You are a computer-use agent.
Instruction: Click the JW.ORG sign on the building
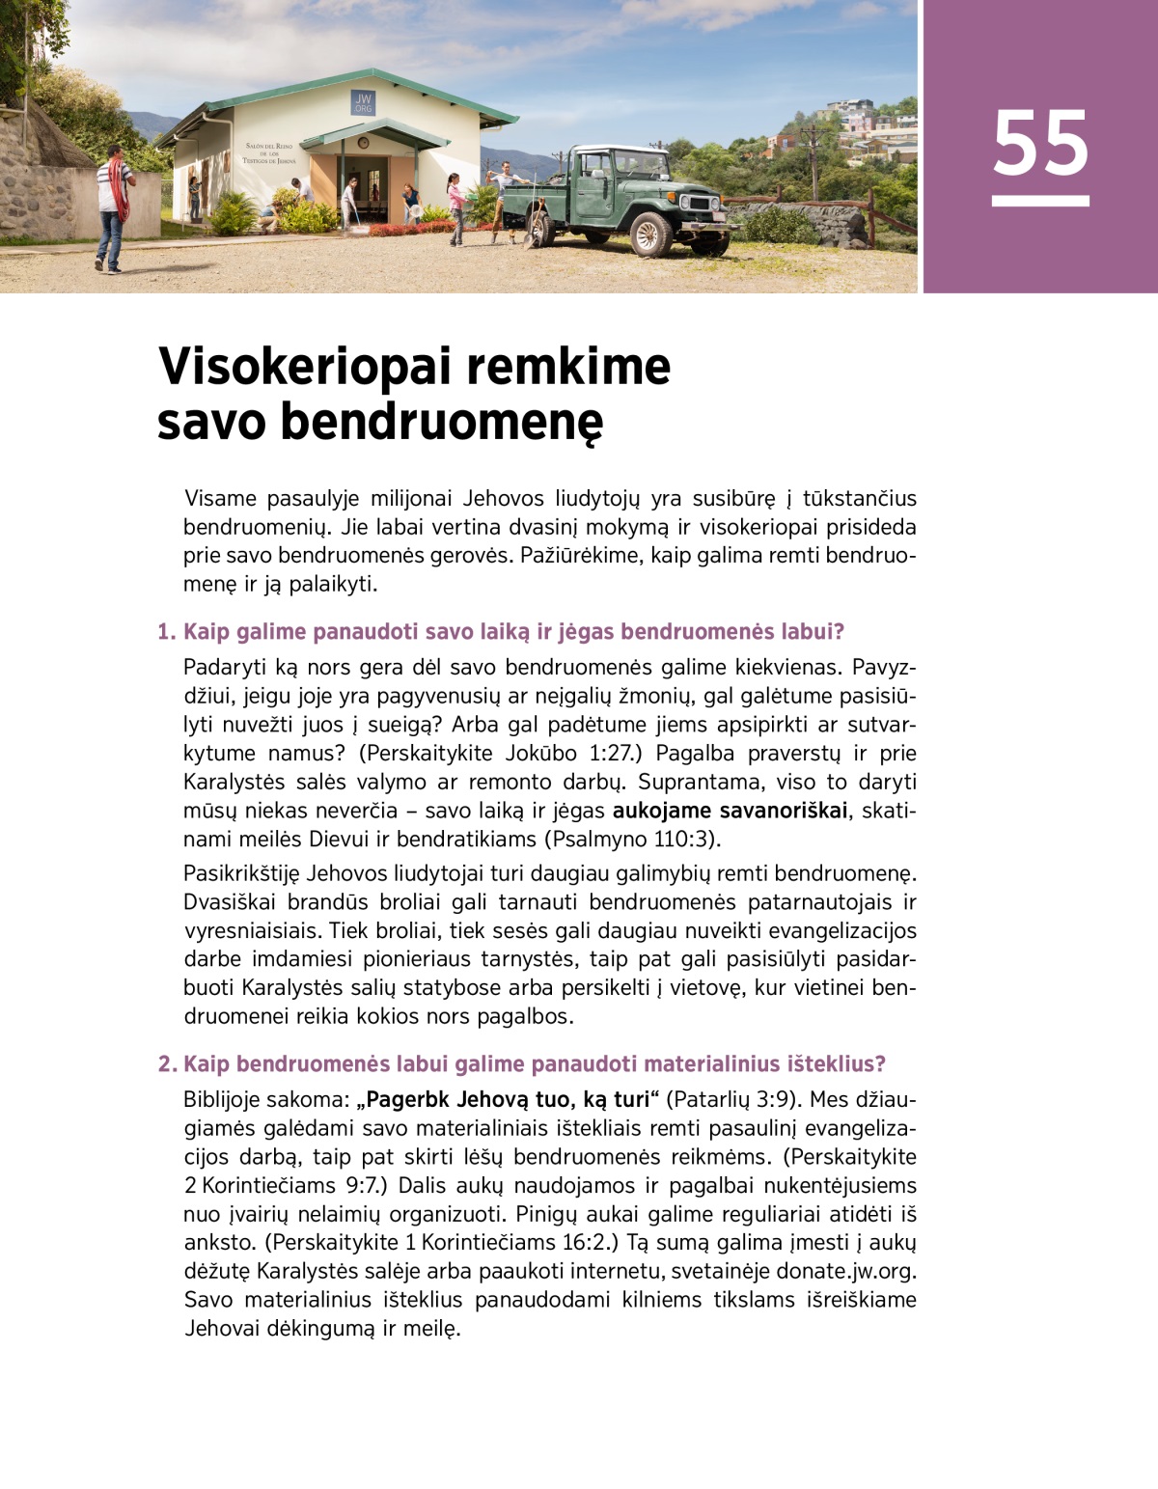(x=363, y=102)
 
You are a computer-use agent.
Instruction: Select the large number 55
(x=1040, y=144)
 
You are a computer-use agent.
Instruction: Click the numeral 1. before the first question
(x=167, y=632)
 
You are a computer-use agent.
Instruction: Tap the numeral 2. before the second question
(x=167, y=1064)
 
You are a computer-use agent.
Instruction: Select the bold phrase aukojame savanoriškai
(x=731, y=811)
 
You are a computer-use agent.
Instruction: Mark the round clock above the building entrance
(x=363, y=143)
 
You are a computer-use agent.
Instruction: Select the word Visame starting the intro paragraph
(x=220, y=499)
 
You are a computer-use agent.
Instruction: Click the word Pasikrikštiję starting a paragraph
(x=241, y=874)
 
